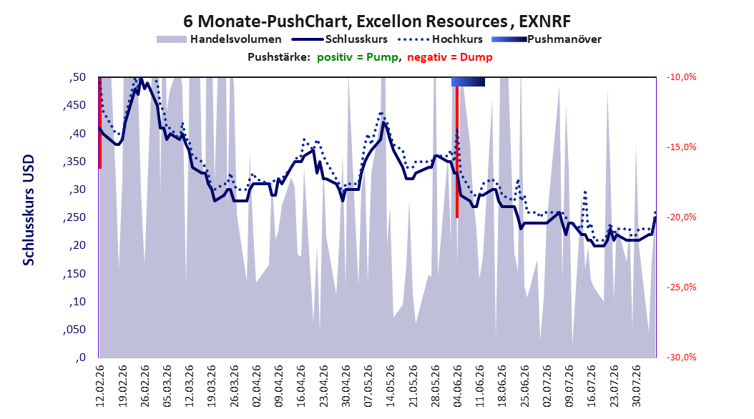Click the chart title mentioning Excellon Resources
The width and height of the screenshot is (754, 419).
pyautogui.click(x=377, y=21)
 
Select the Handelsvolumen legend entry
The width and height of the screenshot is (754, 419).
pyautogui.click(x=219, y=39)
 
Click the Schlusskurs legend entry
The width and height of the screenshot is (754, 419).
pyautogui.click(x=340, y=39)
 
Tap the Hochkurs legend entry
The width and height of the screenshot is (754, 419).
pyautogui.click(x=440, y=39)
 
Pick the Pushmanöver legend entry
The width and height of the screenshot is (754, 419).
pyautogui.click(x=547, y=39)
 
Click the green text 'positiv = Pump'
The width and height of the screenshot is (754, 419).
pyautogui.click(x=358, y=57)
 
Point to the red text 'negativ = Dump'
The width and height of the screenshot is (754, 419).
pyautogui.click(x=450, y=57)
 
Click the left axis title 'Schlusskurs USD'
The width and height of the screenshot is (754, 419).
pyautogui.click(x=29, y=210)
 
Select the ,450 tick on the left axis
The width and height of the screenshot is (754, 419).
pyautogui.click(x=74, y=105)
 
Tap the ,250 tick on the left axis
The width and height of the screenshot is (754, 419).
pyautogui.click(x=74, y=217)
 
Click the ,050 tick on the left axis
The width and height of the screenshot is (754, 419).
pyautogui.click(x=74, y=330)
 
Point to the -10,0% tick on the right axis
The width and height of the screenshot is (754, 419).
pyautogui.click(x=681, y=77)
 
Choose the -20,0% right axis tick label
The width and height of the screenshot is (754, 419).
pyautogui.click(x=681, y=217)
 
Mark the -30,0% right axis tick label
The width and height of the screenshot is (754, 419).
pyautogui.click(x=681, y=358)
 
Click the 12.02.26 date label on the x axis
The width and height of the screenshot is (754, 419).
pyautogui.click(x=100, y=386)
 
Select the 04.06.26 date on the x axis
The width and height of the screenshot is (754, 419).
pyautogui.click(x=457, y=386)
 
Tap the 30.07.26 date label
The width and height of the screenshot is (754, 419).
pyautogui.click(x=636, y=386)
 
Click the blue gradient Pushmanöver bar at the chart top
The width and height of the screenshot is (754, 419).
pyautogui.click(x=468, y=82)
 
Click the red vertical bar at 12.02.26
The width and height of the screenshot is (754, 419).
pyautogui.click(x=100, y=123)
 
